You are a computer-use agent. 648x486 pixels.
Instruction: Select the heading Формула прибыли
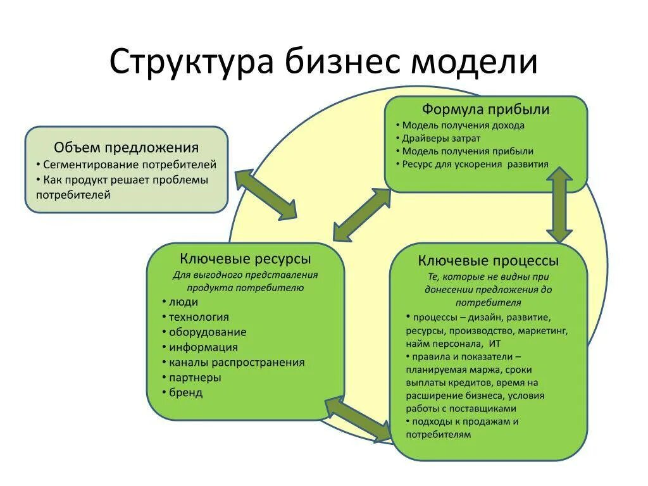tap(485, 109)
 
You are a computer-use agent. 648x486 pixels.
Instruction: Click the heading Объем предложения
tap(127, 147)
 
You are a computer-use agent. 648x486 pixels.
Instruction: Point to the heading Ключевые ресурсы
tap(246, 259)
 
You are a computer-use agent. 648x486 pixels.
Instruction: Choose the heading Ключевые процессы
tap(488, 261)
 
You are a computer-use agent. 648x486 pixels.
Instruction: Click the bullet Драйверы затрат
tap(441, 138)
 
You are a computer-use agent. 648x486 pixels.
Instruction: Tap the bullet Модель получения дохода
tap(463, 125)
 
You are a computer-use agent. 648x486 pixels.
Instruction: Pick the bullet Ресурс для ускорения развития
tap(475, 164)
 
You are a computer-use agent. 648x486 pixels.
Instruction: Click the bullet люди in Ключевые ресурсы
tap(184, 302)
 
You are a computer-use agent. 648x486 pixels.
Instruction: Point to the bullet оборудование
tap(208, 332)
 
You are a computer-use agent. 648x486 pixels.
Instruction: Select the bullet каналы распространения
tap(237, 363)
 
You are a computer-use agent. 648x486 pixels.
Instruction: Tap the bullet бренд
tap(186, 392)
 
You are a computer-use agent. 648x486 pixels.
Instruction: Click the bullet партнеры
tap(195, 377)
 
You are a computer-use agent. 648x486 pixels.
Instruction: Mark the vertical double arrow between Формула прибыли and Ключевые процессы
tap(559, 206)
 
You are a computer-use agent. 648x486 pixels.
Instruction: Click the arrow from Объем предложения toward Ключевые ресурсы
tap(265, 194)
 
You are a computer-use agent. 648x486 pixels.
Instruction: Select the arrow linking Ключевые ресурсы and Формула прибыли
tap(362, 215)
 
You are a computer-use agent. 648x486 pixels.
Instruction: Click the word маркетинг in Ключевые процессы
tap(545, 330)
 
